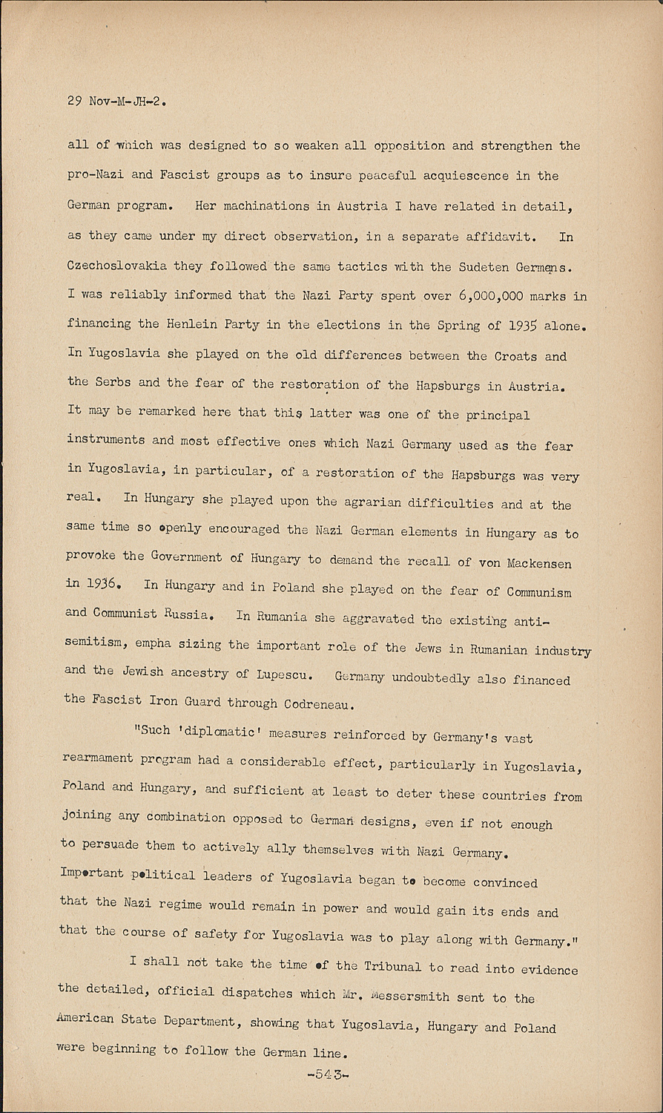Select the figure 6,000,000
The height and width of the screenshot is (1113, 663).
pyautogui.click(x=491, y=296)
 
